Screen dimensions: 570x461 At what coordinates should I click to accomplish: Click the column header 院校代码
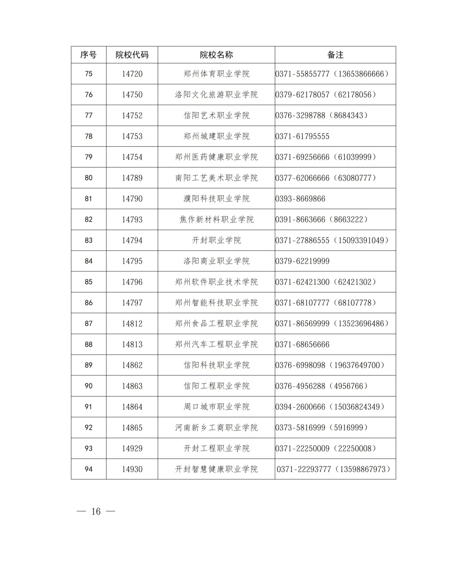132,55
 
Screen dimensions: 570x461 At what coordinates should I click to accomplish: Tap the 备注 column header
335,55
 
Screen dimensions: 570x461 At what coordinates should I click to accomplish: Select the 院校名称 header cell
216,55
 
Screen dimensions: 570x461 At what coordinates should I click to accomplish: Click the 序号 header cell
88,55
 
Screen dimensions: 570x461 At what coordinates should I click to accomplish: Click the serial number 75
88,74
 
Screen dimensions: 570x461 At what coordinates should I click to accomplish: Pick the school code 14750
132,95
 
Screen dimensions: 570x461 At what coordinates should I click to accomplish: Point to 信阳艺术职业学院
216,115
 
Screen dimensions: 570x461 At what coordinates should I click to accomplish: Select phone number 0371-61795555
302,136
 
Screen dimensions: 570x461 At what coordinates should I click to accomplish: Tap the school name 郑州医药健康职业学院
216,157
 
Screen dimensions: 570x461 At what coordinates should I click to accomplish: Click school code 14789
132,178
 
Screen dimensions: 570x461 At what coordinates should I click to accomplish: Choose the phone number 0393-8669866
300,199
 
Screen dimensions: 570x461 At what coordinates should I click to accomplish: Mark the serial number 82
88,219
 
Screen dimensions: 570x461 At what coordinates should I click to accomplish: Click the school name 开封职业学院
216,240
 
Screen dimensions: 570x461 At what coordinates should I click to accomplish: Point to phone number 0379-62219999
302,261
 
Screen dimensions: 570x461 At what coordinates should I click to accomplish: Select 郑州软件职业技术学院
216,282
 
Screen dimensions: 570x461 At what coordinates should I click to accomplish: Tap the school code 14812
132,324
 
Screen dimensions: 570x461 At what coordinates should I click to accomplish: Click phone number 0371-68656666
302,344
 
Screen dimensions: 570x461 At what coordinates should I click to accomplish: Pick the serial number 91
88,407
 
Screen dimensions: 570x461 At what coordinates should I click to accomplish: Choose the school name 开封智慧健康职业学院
216,469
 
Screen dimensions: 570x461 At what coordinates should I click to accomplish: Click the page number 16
96,512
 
